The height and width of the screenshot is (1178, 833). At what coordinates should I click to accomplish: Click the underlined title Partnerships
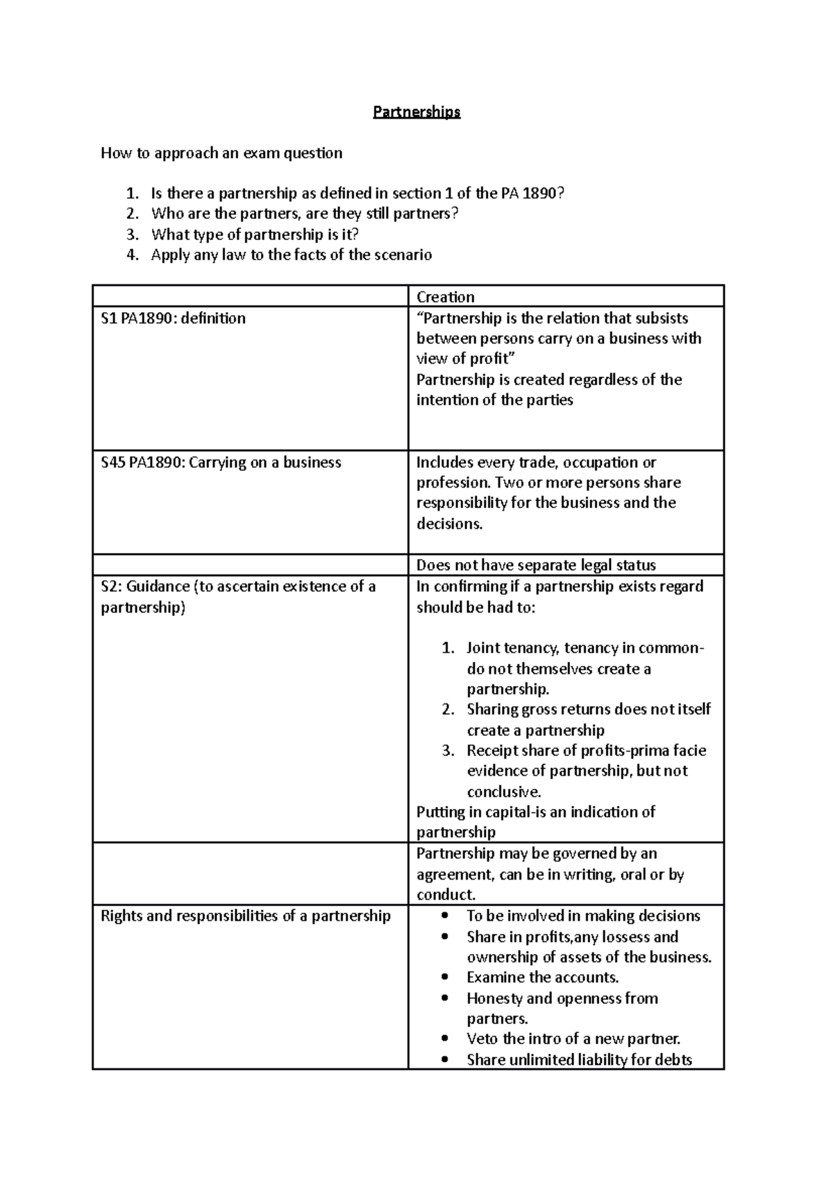(x=416, y=112)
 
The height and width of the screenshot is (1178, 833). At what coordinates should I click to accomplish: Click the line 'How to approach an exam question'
(x=221, y=153)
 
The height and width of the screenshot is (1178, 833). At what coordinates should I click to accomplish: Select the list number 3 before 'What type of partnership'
(x=133, y=234)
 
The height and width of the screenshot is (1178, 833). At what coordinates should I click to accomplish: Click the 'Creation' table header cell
(x=445, y=297)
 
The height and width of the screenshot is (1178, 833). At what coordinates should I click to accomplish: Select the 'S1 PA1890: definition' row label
(x=173, y=318)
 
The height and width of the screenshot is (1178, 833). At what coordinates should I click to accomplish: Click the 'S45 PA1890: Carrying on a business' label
(x=221, y=463)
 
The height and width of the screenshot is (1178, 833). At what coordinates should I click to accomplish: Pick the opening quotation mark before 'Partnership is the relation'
(x=419, y=318)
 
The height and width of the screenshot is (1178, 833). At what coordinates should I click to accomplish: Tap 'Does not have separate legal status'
(x=536, y=565)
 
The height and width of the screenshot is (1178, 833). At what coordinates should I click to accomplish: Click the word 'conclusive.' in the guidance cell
(x=503, y=792)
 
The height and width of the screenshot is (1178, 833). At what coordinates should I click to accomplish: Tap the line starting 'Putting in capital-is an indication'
(x=535, y=812)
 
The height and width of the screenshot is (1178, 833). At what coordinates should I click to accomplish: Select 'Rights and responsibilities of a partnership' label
(x=246, y=916)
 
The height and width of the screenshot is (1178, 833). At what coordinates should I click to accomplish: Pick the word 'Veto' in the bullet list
(x=482, y=1039)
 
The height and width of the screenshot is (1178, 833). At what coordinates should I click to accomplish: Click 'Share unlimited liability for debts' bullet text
(x=579, y=1060)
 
